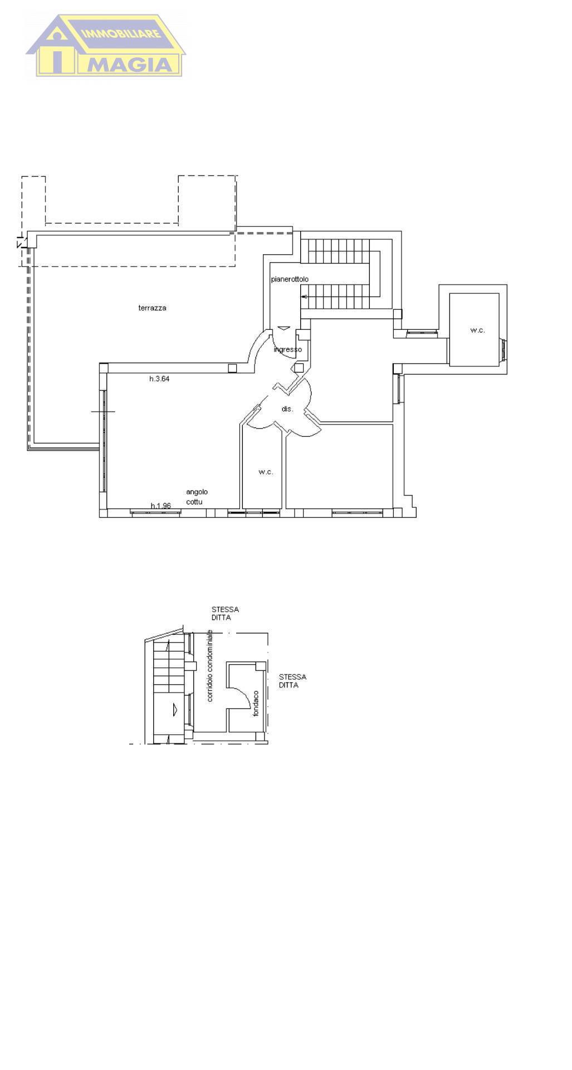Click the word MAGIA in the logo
[x=132, y=65]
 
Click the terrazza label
[x=152, y=308]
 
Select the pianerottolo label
[x=290, y=279]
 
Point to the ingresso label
[x=288, y=349]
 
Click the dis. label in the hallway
[x=287, y=409]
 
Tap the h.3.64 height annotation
[x=159, y=379]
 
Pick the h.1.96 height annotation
[x=160, y=505]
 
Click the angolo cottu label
[x=197, y=497]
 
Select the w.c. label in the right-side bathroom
[x=477, y=330]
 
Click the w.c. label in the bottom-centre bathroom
[x=266, y=472]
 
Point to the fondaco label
[x=256, y=703]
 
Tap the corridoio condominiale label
[x=210, y=665]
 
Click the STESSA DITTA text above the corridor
[x=225, y=614]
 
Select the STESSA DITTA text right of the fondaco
[x=292, y=681]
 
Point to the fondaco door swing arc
[x=243, y=693]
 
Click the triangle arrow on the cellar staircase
[x=175, y=709]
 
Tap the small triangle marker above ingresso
[x=283, y=328]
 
